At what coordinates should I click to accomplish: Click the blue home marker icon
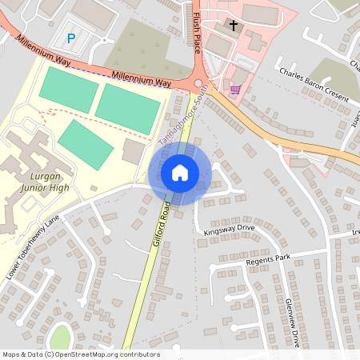pyautogui.click(x=179, y=172)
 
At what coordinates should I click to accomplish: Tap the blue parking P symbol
pyautogui.click(x=71, y=38)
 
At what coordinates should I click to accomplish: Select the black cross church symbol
pyautogui.click(x=234, y=26)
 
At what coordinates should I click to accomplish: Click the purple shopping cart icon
pyautogui.click(x=235, y=89)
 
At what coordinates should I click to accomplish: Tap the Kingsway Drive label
pyautogui.click(x=229, y=228)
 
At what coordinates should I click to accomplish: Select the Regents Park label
pyautogui.click(x=268, y=258)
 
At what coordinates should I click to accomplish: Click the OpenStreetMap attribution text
pyautogui.click(x=81, y=354)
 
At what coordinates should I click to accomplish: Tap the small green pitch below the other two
pyautogui.click(x=86, y=144)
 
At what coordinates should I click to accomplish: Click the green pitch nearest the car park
pyautogui.click(x=68, y=90)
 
